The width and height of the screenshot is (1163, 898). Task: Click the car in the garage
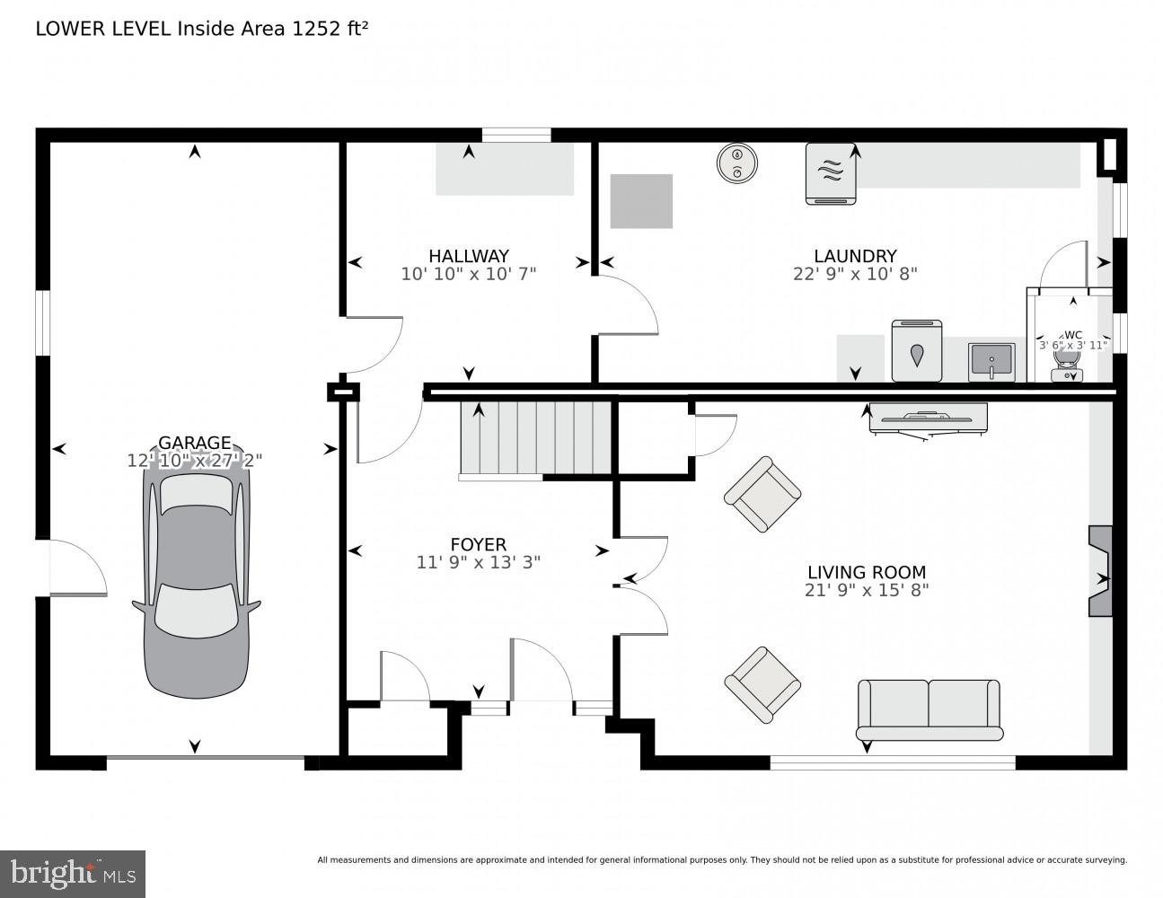[196, 584]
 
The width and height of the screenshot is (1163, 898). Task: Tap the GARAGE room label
[195, 443]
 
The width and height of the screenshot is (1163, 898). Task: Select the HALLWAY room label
[468, 256]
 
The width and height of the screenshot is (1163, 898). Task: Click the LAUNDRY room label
[855, 256]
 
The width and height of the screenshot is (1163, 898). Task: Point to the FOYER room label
[478, 544]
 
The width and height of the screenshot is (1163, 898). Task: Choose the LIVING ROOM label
[866, 572]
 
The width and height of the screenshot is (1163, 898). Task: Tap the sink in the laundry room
[991, 362]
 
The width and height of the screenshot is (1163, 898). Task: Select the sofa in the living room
[929, 709]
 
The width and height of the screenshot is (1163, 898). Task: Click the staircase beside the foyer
[536, 437]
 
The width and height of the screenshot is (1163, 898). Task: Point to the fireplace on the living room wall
[1100, 571]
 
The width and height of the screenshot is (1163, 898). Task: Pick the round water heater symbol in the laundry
[737, 163]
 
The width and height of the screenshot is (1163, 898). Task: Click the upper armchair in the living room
[762, 494]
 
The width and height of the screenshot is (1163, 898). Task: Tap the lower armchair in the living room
[762, 684]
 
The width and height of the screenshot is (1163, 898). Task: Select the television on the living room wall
[928, 418]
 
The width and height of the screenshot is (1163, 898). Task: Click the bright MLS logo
[73, 874]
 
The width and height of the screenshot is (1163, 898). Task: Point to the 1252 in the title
[313, 29]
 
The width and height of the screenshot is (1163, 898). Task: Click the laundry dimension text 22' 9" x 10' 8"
[855, 274]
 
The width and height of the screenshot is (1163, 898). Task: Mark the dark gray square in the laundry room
[641, 201]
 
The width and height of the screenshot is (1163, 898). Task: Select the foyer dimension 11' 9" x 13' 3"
[478, 563]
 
